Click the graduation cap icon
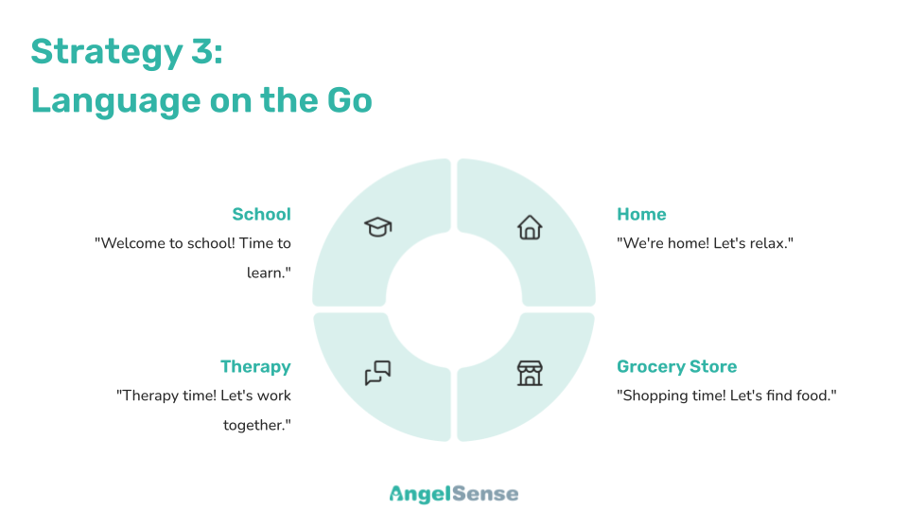[x=378, y=226]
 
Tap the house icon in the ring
[x=530, y=227]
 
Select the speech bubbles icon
[x=378, y=373]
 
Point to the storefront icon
[x=530, y=373]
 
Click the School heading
[x=262, y=215]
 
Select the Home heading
[x=641, y=215]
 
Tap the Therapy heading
[x=255, y=367]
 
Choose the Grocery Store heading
[x=677, y=367]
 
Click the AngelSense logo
[x=454, y=494]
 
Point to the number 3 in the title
[x=201, y=51]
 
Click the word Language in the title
[x=115, y=101]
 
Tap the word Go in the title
[x=350, y=100]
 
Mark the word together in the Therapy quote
[x=253, y=426]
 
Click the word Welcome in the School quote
[x=133, y=243]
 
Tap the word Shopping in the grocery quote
[x=648, y=396]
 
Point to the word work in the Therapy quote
[x=274, y=396]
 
